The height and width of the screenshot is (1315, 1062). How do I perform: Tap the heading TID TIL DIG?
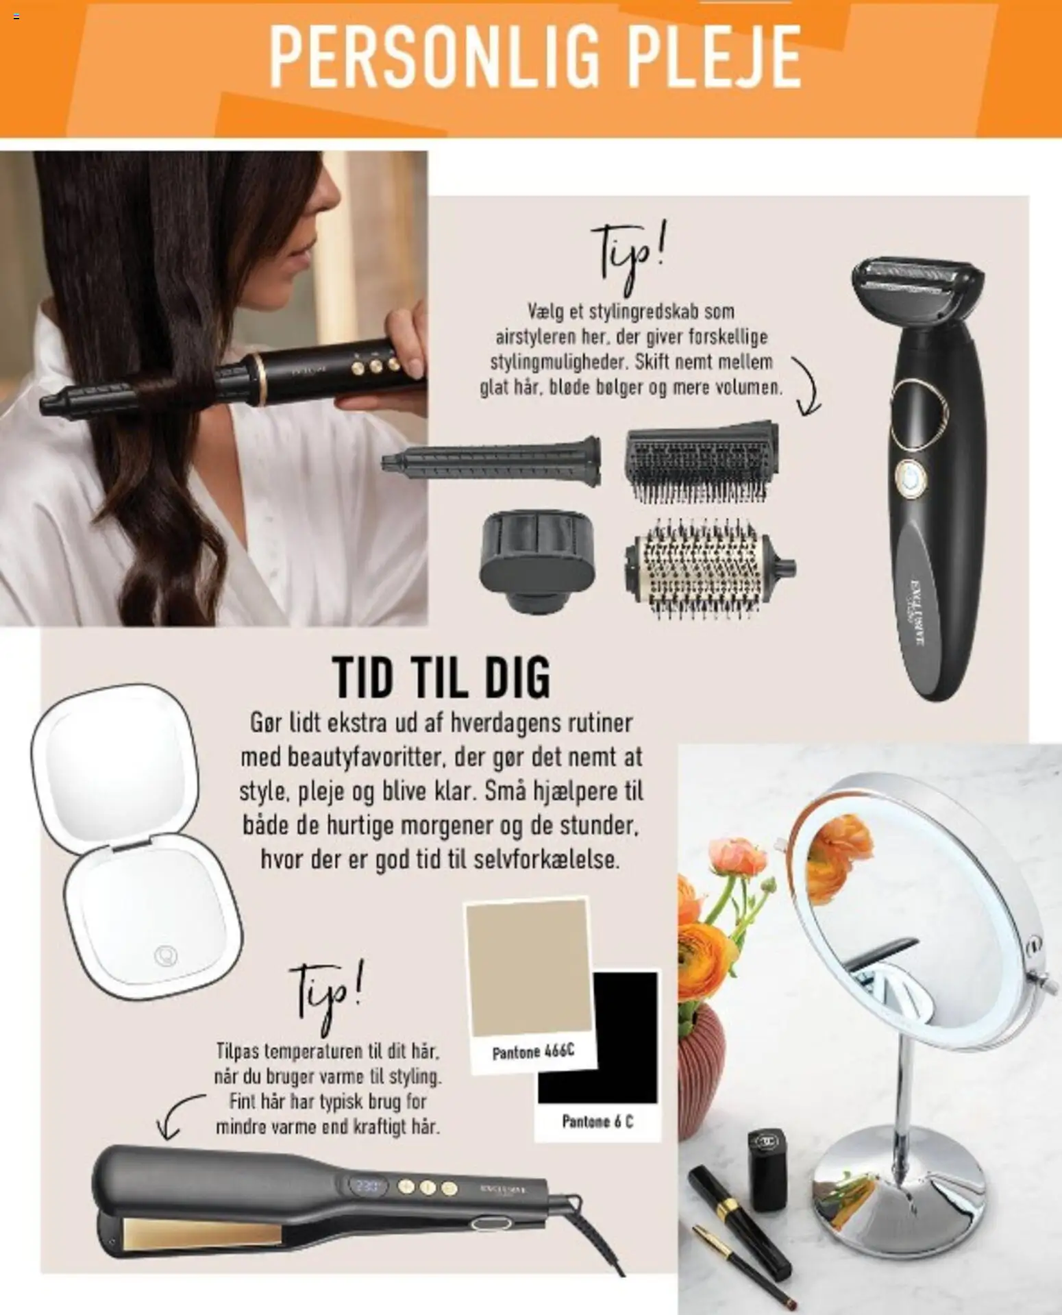tap(441, 676)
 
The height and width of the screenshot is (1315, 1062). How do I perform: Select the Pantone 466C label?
tap(533, 1051)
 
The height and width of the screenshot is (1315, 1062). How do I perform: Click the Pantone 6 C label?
tap(597, 1121)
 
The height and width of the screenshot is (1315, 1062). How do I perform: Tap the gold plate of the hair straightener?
tap(203, 1233)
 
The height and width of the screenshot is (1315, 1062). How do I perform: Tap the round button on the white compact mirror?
tap(166, 955)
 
